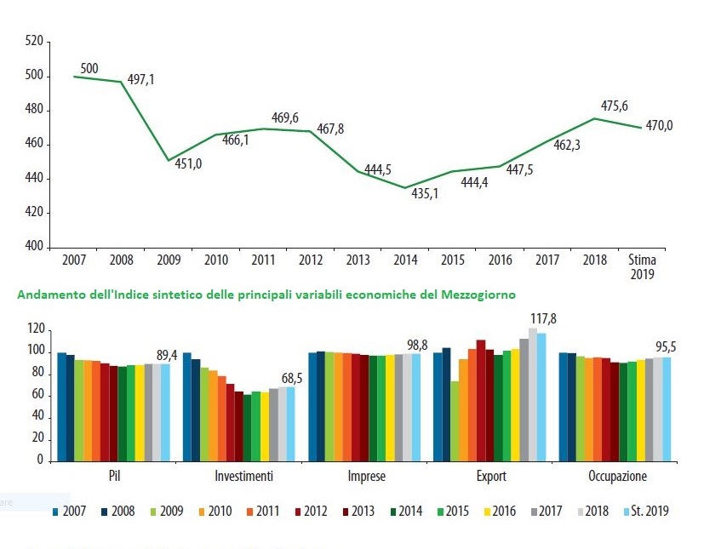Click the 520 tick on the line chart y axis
click(35, 41)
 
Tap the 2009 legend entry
click(168, 512)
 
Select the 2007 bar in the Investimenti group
click(187, 407)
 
